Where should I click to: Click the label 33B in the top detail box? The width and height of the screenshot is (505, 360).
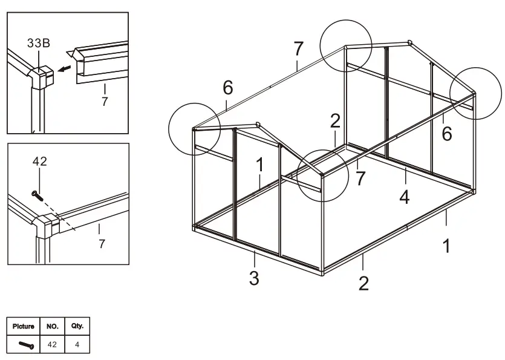(39, 44)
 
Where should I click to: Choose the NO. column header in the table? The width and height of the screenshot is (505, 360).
(53, 326)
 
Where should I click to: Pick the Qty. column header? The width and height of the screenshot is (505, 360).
(77, 326)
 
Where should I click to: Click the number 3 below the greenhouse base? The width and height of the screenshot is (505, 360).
(255, 280)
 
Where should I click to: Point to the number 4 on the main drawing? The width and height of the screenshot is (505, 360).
(405, 197)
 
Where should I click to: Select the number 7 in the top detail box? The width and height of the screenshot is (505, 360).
(105, 101)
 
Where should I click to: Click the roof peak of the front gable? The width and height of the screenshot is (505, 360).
(258, 123)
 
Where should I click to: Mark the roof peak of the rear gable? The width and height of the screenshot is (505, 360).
(409, 42)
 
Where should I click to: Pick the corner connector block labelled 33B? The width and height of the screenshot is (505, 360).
(42, 77)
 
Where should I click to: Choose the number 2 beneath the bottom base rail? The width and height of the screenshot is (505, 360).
(363, 283)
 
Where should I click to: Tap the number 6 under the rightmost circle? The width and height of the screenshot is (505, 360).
(446, 134)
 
